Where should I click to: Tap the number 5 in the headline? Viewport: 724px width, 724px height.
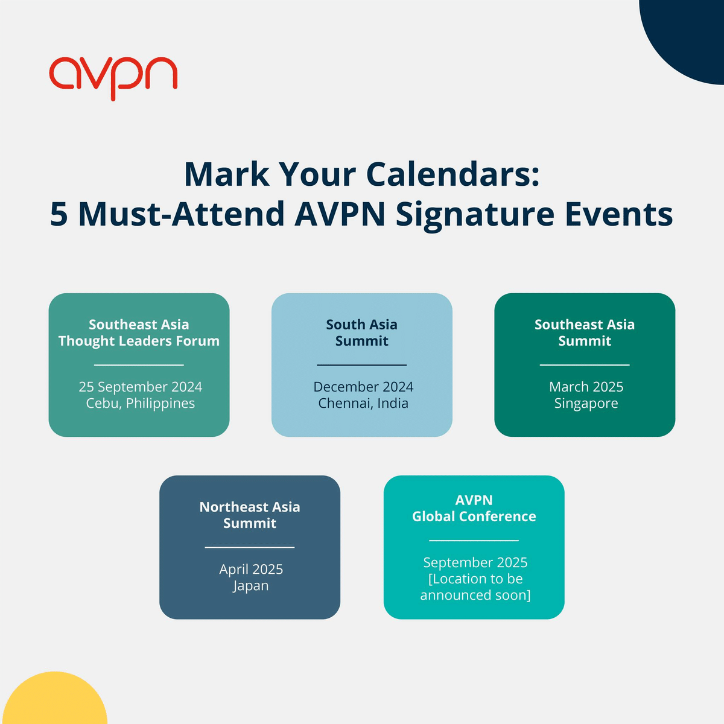tap(59, 214)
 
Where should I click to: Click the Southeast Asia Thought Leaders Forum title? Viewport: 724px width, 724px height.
tap(139, 332)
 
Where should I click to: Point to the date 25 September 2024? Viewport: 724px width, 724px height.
tap(141, 387)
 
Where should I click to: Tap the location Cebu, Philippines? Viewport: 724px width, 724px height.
tap(141, 403)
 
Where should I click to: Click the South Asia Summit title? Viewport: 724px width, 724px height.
tap(362, 332)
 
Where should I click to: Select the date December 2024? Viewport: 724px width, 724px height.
tap(363, 387)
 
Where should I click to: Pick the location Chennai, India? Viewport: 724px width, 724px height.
tap(363, 403)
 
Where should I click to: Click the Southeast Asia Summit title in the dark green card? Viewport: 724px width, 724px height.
tap(585, 332)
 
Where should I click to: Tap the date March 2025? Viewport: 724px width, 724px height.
tap(586, 387)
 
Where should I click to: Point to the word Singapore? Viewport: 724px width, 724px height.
tap(586, 403)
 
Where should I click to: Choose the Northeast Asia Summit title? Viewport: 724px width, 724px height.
tap(250, 515)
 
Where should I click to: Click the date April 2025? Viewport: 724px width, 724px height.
tap(251, 569)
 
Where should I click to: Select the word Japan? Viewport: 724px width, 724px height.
tap(251, 585)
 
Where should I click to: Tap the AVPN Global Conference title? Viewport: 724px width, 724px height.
tap(474, 508)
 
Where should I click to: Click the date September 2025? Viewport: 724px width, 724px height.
tap(475, 562)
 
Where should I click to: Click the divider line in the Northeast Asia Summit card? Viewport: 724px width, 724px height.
tap(250, 547)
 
